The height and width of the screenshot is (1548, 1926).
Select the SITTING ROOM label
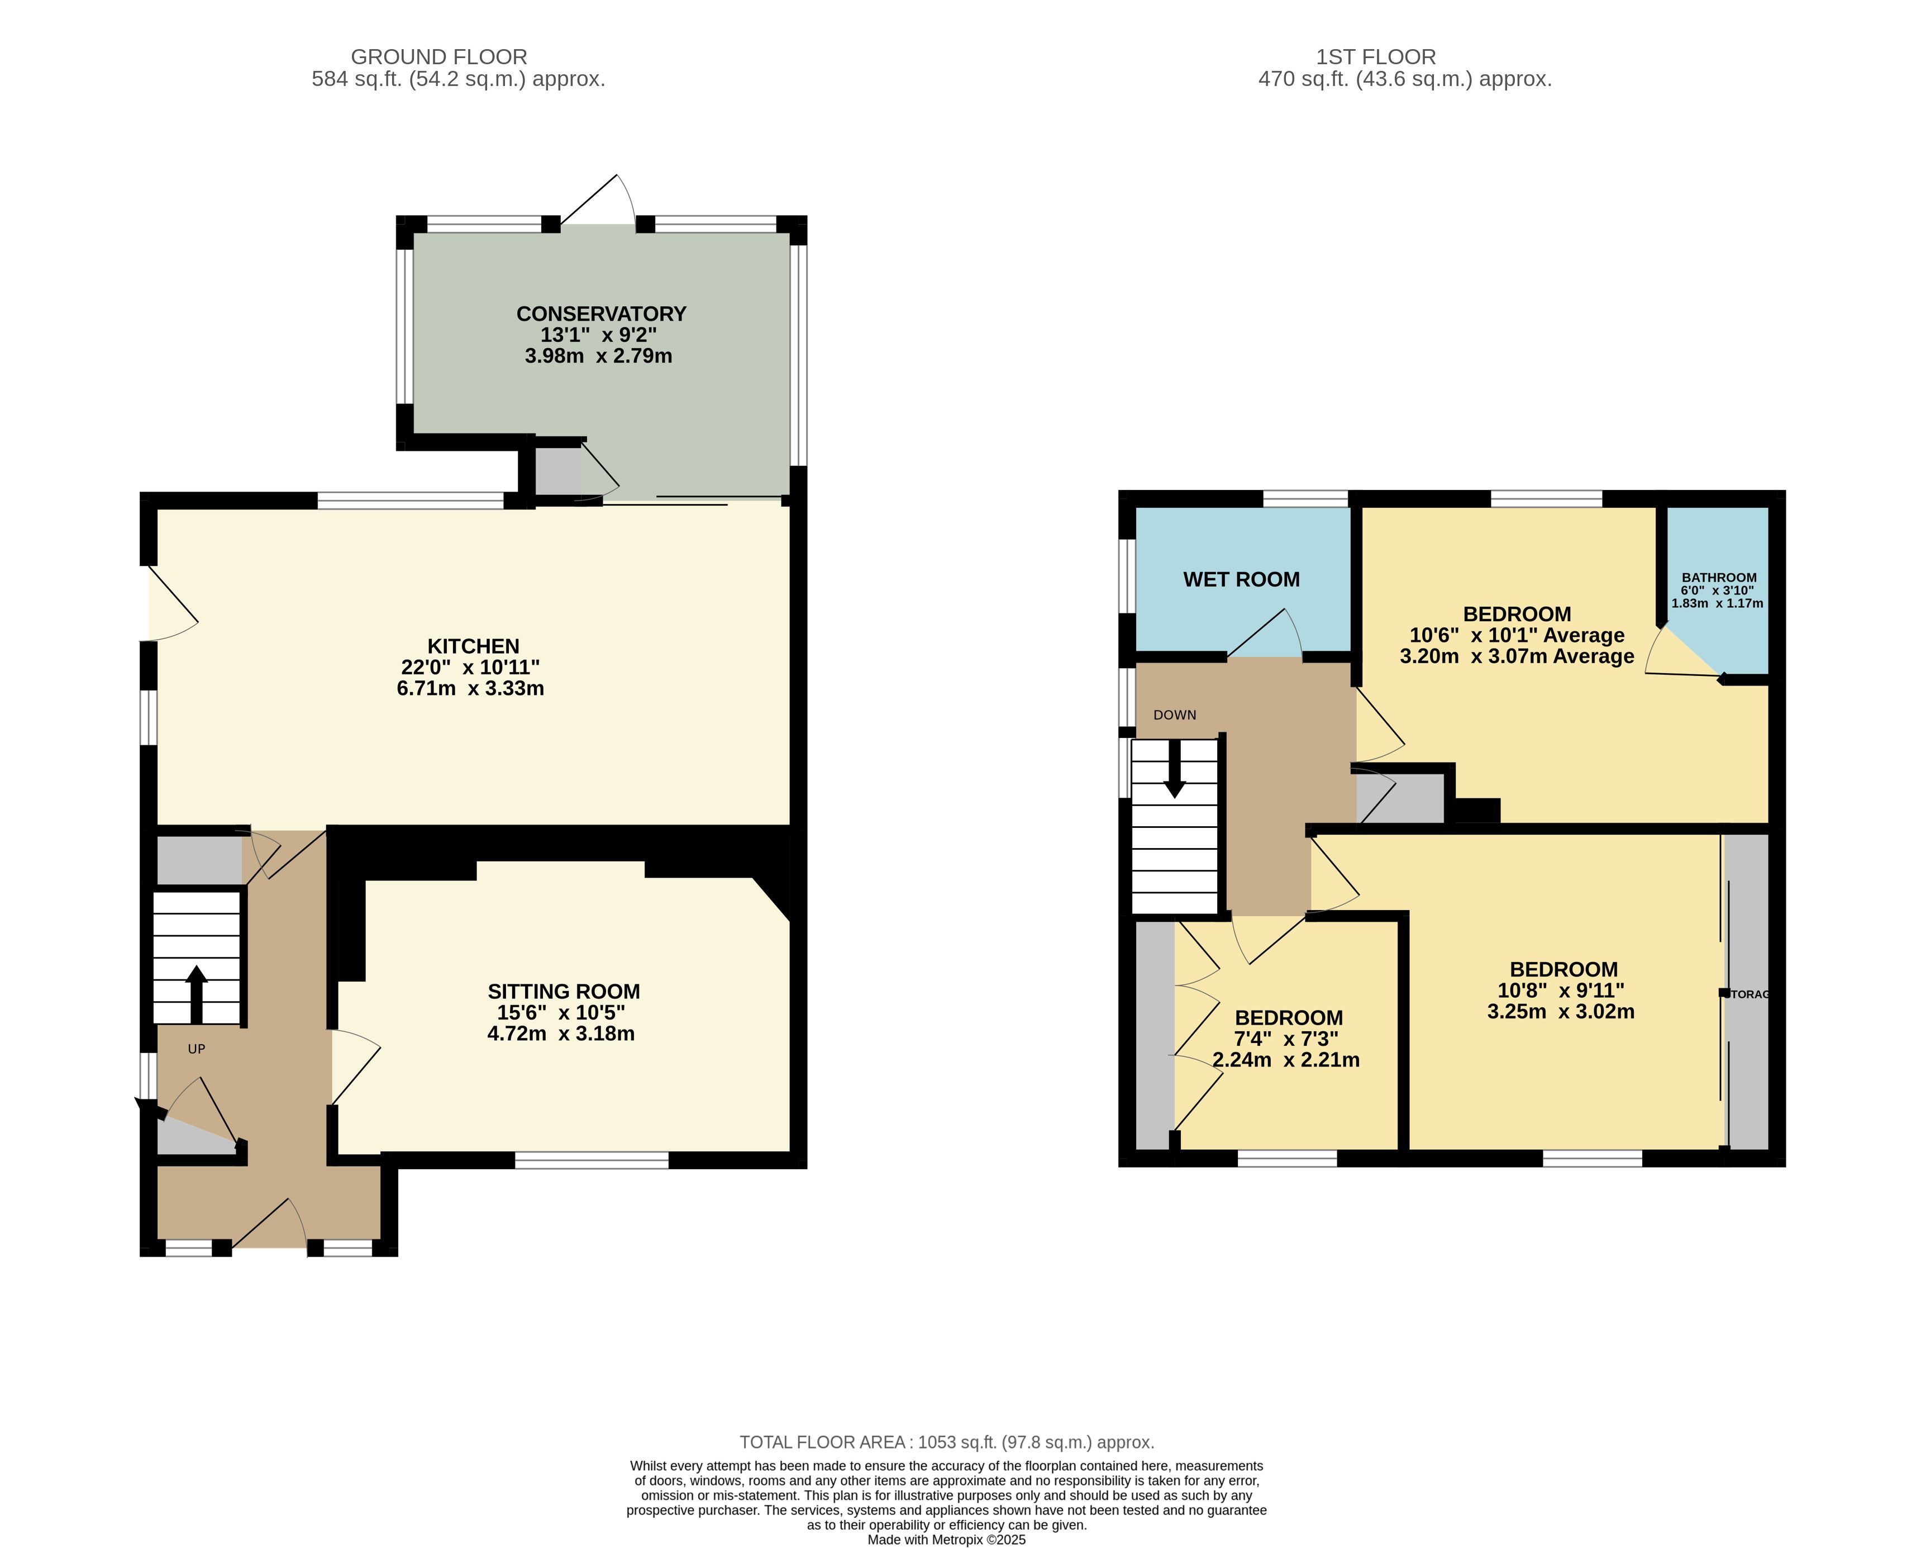point(564,992)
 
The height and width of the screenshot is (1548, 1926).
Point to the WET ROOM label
point(1242,580)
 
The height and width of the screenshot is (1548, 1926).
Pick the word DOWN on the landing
point(1175,715)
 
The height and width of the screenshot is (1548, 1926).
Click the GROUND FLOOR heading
point(438,57)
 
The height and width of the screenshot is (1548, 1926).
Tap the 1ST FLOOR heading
point(1376,57)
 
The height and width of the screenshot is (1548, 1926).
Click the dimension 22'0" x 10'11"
point(471,667)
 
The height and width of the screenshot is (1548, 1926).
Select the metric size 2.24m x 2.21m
point(1286,1060)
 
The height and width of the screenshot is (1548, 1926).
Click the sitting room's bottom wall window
point(592,1160)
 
